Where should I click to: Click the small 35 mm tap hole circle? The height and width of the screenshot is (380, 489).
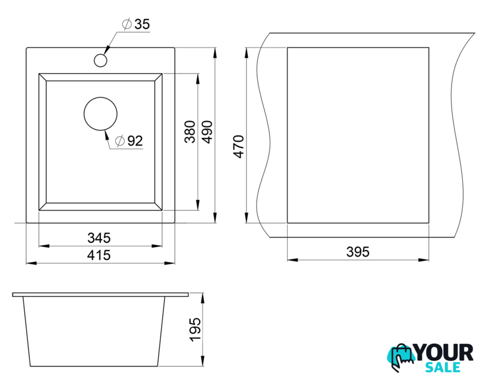pyautogui.click(x=100, y=60)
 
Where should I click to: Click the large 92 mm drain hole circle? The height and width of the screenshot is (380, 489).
pyautogui.click(x=100, y=114)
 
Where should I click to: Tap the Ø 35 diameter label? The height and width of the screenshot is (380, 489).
pyautogui.click(x=136, y=24)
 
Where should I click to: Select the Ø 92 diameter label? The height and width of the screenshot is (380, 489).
pyautogui.click(x=129, y=141)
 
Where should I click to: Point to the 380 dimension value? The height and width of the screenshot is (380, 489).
pyautogui.click(x=190, y=132)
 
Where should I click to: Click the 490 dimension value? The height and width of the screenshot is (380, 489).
pyautogui.click(x=207, y=132)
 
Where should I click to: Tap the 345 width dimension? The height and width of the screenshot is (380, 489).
pyautogui.click(x=99, y=238)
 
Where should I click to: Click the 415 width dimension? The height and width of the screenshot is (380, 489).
pyautogui.click(x=99, y=255)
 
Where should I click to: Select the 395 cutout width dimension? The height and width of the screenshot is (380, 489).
pyautogui.click(x=358, y=252)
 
